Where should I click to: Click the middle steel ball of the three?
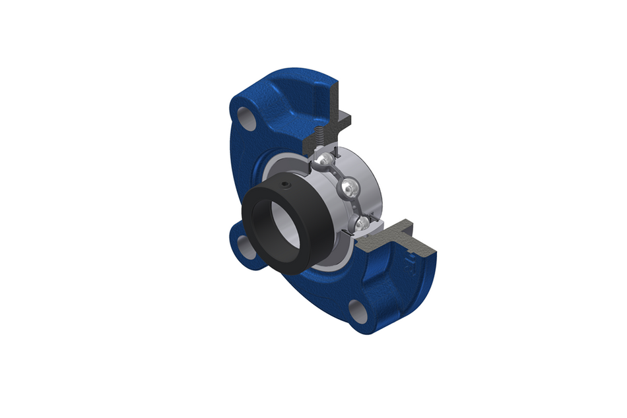click(x=347, y=190)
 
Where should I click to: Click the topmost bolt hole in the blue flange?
click(x=245, y=119)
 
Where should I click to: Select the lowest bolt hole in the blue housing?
click(x=357, y=309)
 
